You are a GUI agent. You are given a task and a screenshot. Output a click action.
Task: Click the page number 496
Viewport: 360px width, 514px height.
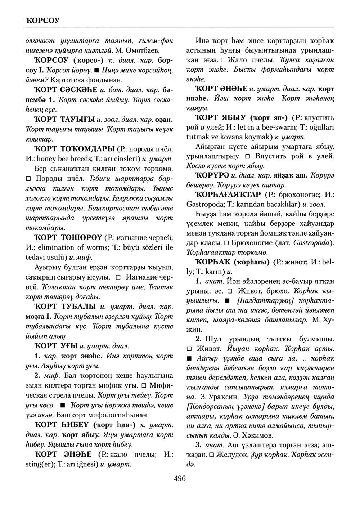(x=179, y=479)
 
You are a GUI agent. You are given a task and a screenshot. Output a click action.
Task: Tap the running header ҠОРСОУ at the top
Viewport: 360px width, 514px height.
(x=40, y=19)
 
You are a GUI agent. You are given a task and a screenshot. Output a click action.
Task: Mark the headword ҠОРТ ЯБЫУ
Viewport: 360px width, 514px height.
(x=224, y=117)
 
